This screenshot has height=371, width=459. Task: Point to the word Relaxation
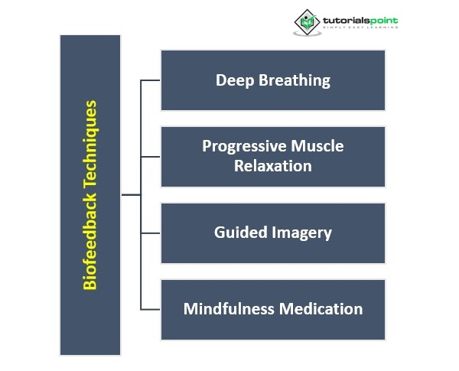[x=273, y=164]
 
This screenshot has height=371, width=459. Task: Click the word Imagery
[x=302, y=233]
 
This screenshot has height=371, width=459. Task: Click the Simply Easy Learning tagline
[x=360, y=28]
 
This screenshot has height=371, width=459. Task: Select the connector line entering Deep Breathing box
[x=151, y=80]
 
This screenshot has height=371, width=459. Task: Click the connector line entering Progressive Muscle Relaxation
[x=151, y=157]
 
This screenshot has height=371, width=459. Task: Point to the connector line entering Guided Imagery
[x=151, y=233]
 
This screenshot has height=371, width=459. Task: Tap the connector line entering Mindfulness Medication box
[x=151, y=309]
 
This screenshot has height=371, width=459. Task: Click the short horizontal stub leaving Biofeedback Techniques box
[x=131, y=195]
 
